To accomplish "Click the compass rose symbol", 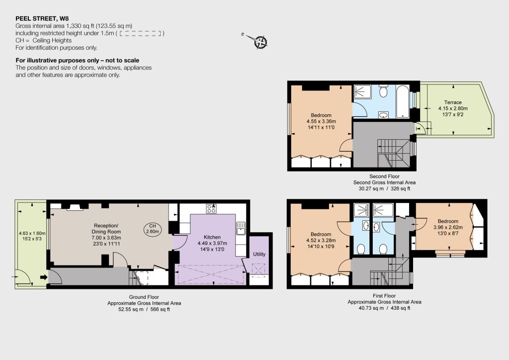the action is pyautogui.click(x=260, y=42).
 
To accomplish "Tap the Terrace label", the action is pyautogui.click(x=453, y=102).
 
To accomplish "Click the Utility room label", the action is pyautogui.click(x=259, y=254).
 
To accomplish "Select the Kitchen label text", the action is pyautogui.click(x=212, y=237).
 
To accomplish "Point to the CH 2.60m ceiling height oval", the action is pyautogui.click(x=153, y=229).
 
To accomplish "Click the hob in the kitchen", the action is pyautogui.click(x=211, y=209).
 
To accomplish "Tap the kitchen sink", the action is pyautogui.click(x=241, y=228).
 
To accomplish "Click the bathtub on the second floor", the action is pyautogui.click(x=403, y=101).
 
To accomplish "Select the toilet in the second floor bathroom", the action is pyautogui.click(x=383, y=91).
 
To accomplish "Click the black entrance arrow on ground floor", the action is pyautogui.click(x=44, y=277).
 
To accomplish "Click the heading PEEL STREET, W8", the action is pyautogui.click(x=42, y=18).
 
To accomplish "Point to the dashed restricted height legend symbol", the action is pyautogui.click(x=140, y=33).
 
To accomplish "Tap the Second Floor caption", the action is pyautogui.click(x=384, y=176).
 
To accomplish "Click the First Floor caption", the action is pyautogui.click(x=384, y=296).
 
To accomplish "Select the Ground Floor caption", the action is pyautogui.click(x=144, y=297).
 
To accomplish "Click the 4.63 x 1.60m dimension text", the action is pyautogui.click(x=32, y=233).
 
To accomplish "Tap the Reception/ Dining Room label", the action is pyautogui.click(x=106, y=229).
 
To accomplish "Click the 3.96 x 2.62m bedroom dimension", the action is pyautogui.click(x=448, y=227).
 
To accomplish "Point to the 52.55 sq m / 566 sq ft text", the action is pyautogui.click(x=144, y=309).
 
